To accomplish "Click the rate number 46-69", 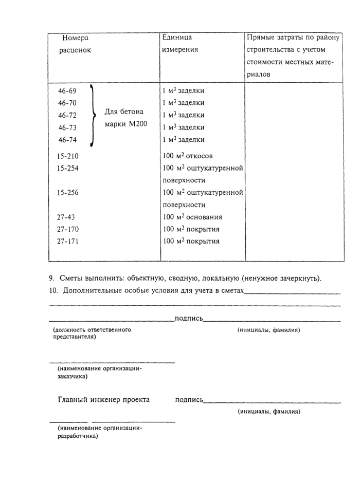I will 67,91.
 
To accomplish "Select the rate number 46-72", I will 67,115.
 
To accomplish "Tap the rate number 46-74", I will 67,140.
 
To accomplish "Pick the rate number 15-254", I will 69,168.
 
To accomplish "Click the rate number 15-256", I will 69,193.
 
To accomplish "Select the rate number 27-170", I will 69,229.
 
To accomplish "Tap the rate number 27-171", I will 69,241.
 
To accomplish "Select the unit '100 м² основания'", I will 192,217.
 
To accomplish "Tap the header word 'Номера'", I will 75,38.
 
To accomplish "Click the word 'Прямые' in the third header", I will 261,38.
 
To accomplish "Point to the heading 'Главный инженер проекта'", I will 103,399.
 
